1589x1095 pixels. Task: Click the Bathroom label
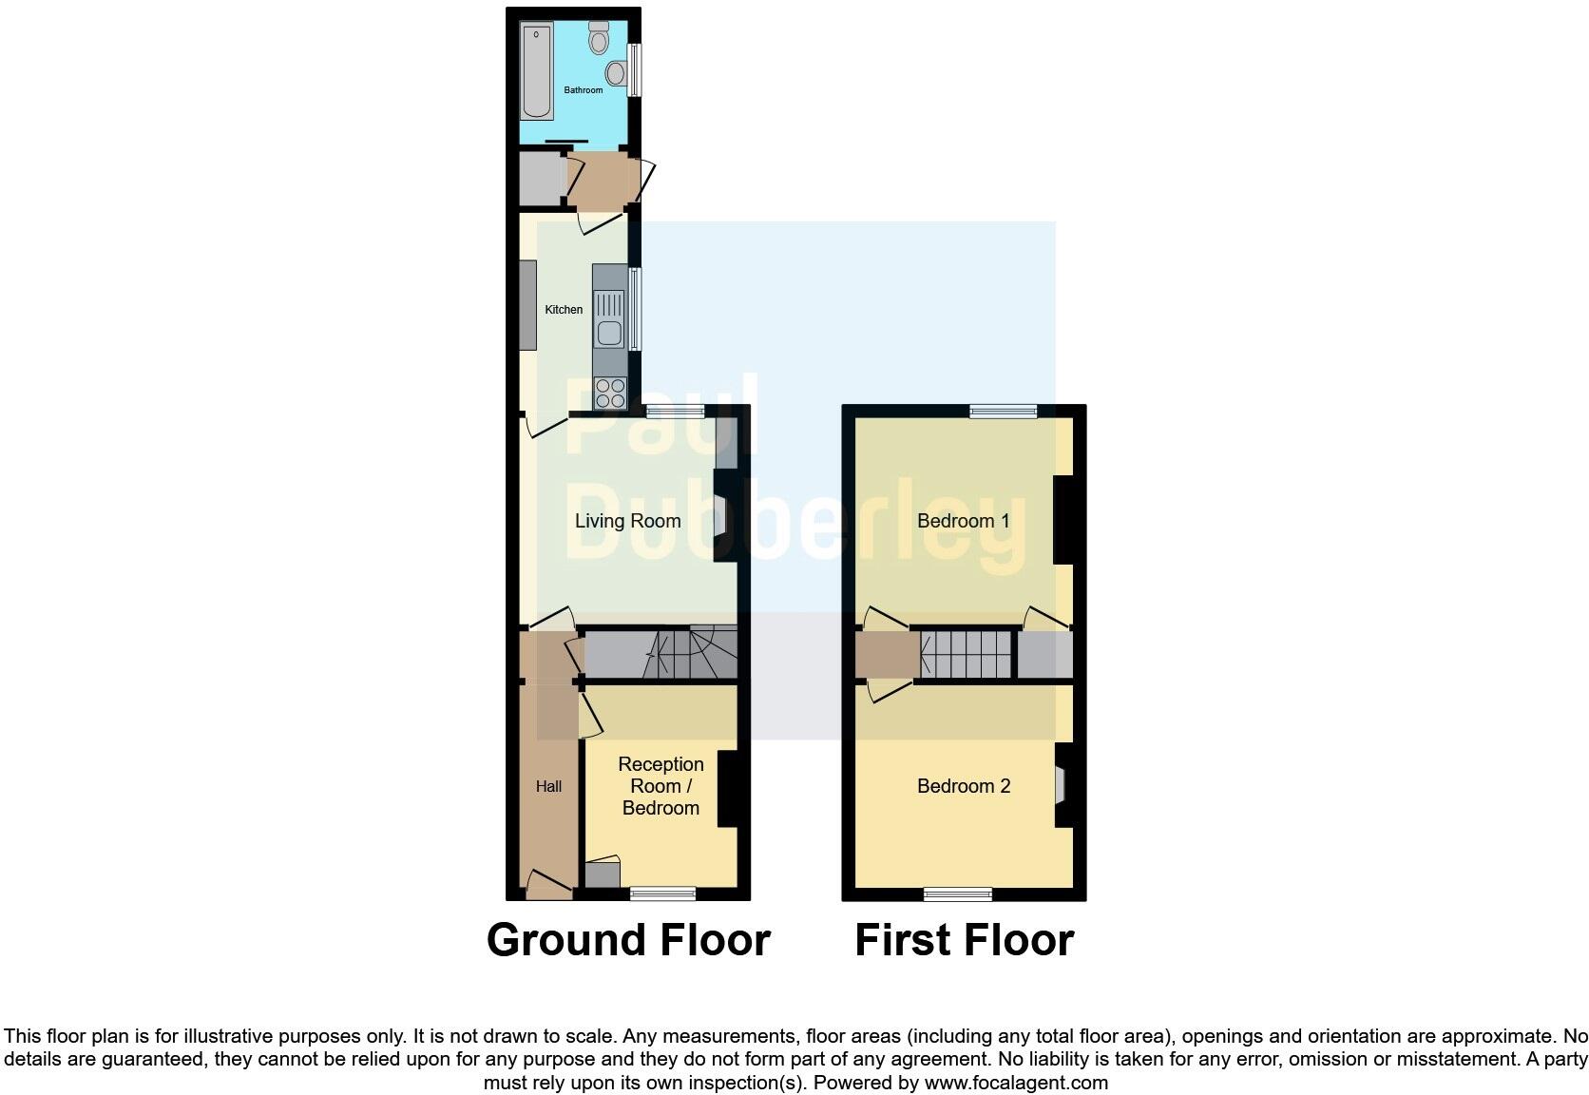[x=583, y=90]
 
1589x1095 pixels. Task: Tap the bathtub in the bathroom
[x=536, y=72]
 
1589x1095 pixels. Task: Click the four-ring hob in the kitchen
[x=610, y=393]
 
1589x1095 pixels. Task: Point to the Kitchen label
[x=564, y=310]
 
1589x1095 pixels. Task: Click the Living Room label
[x=627, y=521]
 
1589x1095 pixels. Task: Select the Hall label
[x=548, y=786]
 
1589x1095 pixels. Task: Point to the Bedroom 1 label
[x=963, y=521]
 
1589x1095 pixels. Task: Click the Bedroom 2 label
[x=963, y=786]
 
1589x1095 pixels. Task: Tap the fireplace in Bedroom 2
[x=1061, y=785]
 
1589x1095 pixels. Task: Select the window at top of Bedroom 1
[x=1004, y=412]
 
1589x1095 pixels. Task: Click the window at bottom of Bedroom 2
[x=958, y=893]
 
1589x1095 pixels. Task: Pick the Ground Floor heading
[x=628, y=940]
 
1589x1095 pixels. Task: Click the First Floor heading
[x=964, y=940]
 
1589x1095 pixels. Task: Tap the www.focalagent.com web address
[x=1016, y=1083]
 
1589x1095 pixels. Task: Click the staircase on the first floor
[x=966, y=654]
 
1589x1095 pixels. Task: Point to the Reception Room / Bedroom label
[x=660, y=786]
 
